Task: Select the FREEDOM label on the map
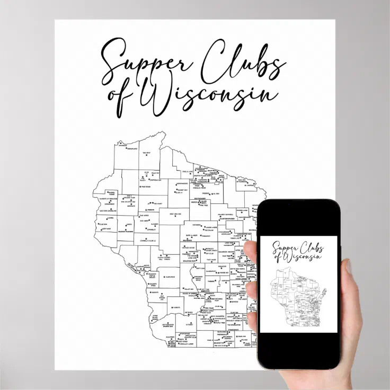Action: [150, 209]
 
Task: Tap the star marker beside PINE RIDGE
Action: [139, 187]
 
